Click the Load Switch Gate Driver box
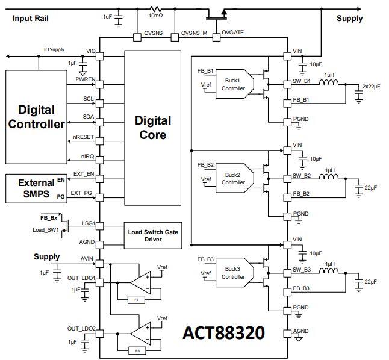tap(152, 235)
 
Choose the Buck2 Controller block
tap(233, 179)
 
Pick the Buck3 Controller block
tap(233, 273)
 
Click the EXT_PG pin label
tap(82, 193)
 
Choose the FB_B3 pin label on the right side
tap(301, 288)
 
